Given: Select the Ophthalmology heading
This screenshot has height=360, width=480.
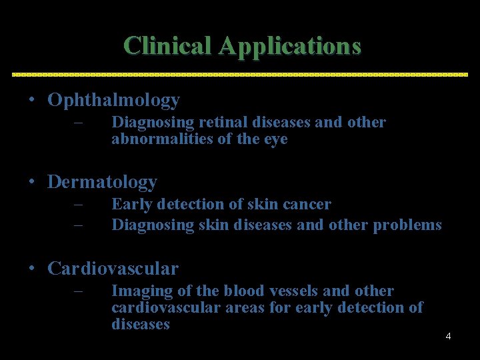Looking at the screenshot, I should click(113, 101).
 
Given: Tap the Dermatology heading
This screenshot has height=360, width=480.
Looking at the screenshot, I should click(102, 181).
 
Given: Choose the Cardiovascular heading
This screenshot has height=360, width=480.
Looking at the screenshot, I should click(113, 269).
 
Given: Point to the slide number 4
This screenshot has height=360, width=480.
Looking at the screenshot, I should click(448, 336).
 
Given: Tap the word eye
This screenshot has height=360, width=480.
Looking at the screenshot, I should click(277, 139).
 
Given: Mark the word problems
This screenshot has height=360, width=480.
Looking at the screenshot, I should click(407, 225).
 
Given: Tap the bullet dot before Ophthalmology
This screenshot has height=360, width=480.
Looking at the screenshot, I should click(32, 101).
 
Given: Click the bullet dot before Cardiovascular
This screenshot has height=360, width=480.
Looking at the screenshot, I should click(32, 269).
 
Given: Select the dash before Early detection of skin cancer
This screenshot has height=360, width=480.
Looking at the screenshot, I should click(78, 205).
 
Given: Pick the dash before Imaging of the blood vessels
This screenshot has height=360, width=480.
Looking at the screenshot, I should click(78, 291).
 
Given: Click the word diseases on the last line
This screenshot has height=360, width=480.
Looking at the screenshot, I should click(141, 325).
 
